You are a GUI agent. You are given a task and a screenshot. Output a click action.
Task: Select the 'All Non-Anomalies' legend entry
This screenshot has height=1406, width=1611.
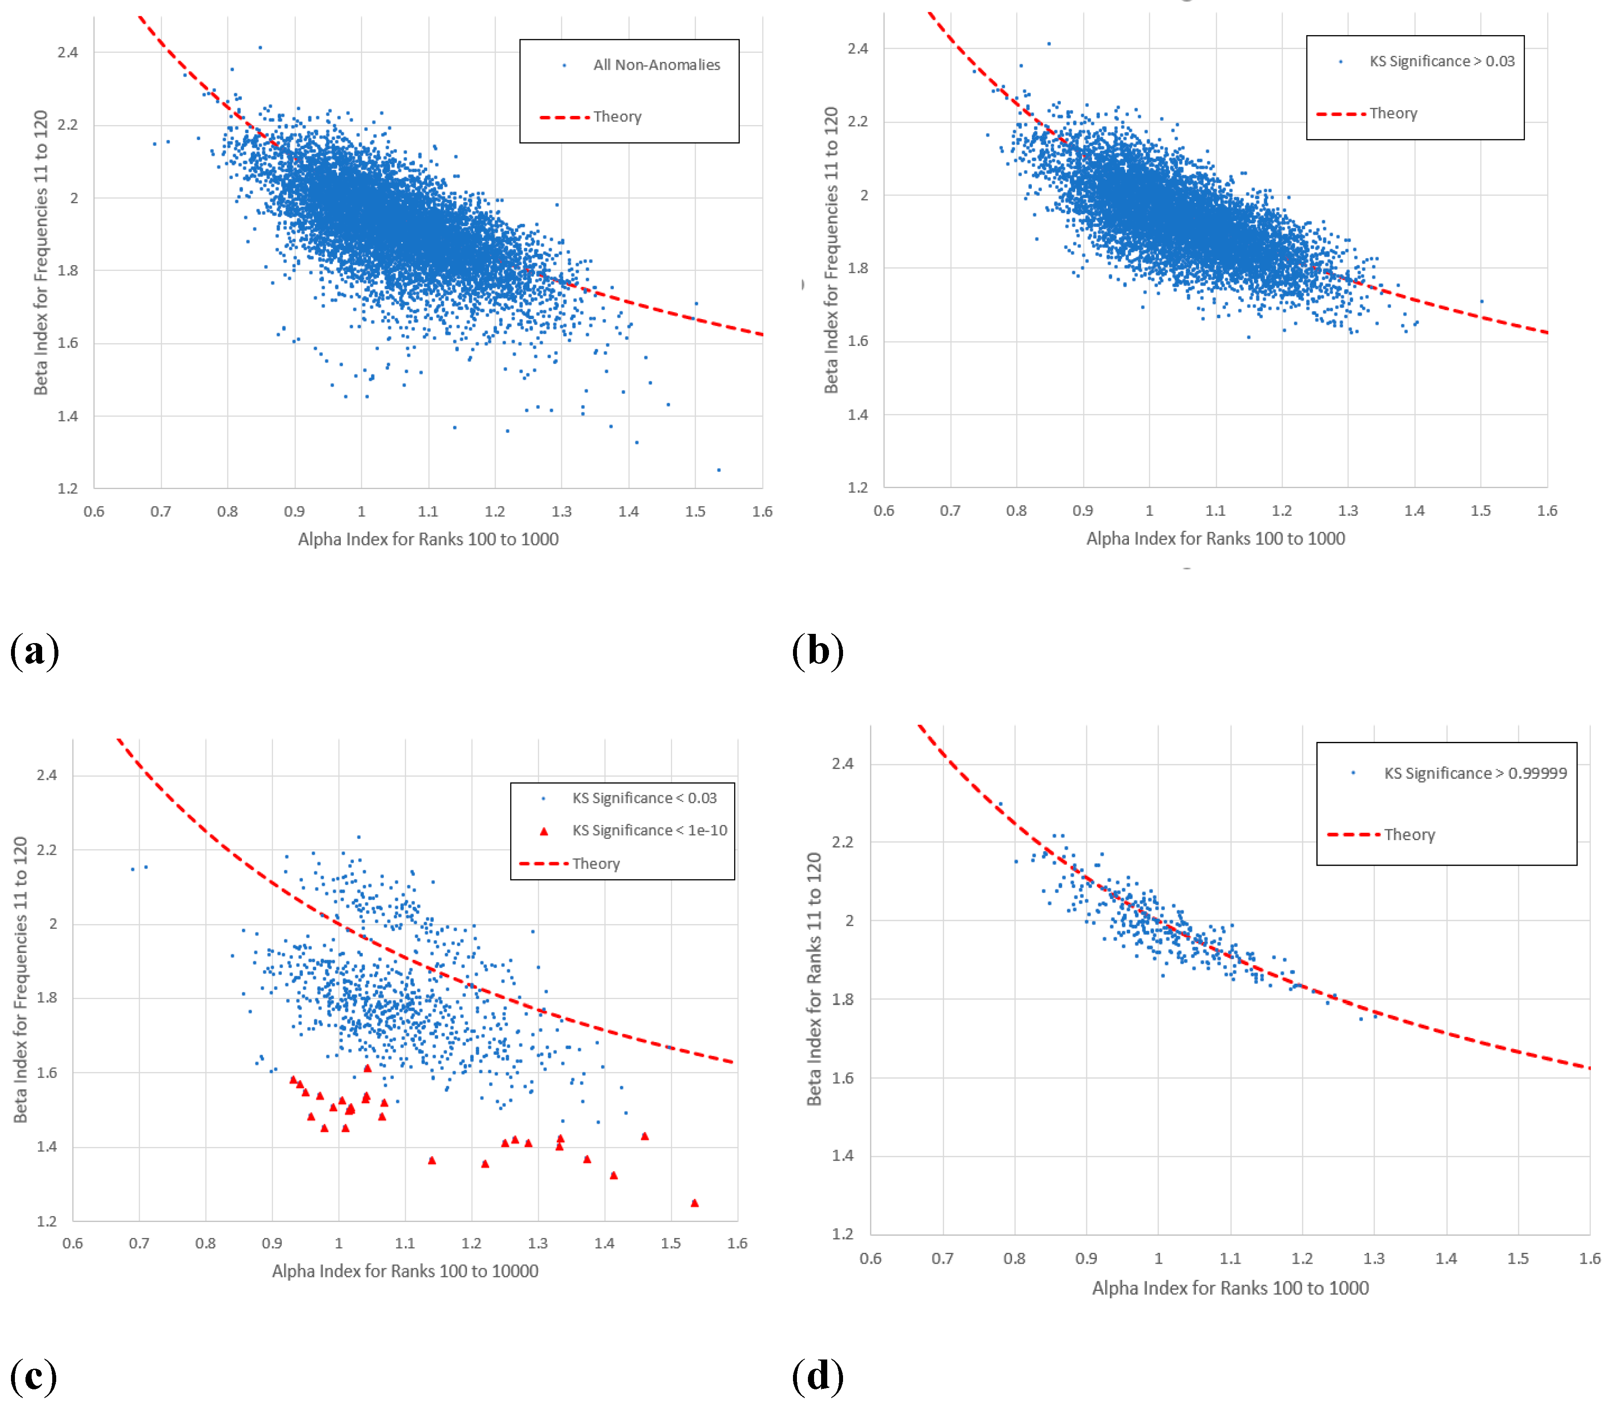click(656, 65)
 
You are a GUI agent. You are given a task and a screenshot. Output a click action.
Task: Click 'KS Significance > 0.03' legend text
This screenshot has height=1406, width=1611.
click(1442, 61)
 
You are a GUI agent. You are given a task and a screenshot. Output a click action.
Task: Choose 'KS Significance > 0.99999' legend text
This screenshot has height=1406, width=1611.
click(1475, 773)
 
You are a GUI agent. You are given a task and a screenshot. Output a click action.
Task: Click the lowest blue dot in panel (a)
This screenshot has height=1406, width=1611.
click(719, 470)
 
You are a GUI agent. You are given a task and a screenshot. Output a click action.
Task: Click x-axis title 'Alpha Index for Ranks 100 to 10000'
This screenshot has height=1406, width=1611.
click(405, 1271)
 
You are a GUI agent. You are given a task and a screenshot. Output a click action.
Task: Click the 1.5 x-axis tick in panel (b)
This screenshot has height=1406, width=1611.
click(1480, 511)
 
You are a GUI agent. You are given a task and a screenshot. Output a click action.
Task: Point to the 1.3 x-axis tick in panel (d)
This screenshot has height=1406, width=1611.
click(1374, 1259)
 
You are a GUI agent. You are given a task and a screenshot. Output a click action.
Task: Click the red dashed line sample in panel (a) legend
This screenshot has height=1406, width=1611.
click(564, 117)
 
